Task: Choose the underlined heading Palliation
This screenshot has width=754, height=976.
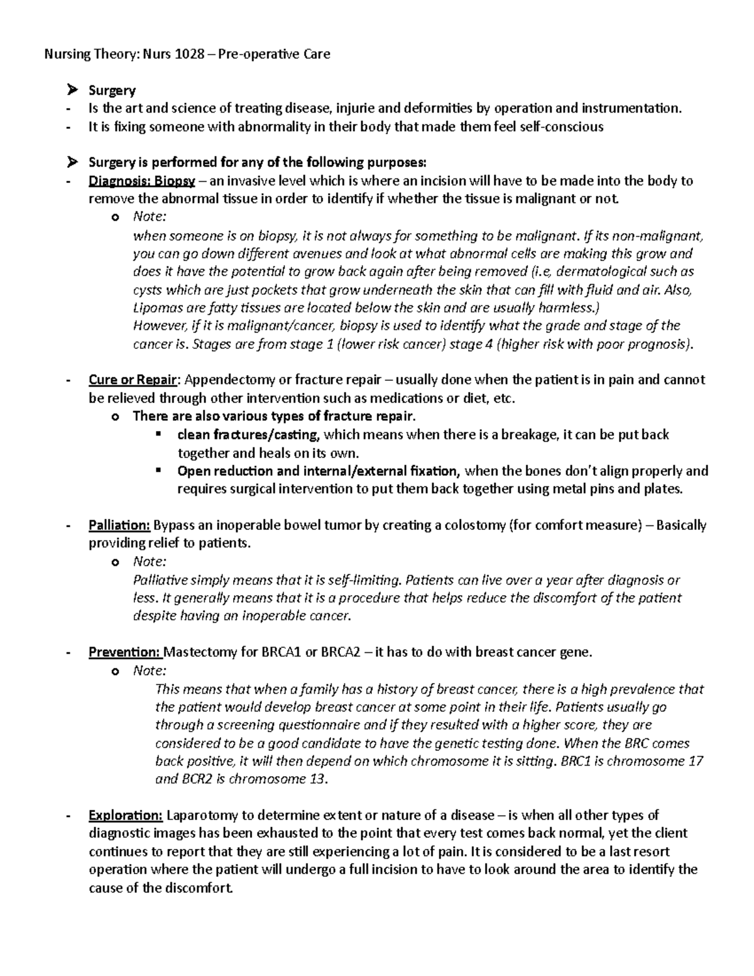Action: (119, 525)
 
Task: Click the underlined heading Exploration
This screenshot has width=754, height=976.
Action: (126, 815)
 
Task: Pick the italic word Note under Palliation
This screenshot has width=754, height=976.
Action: (149, 561)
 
